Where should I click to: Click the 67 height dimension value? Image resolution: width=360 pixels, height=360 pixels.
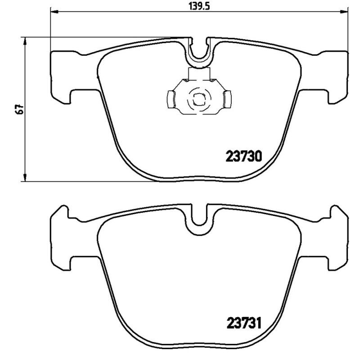(x=18, y=109)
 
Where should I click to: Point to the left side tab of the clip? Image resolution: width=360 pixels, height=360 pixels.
(x=171, y=99)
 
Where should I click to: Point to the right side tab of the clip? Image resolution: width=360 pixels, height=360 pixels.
(x=227, y=99)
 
